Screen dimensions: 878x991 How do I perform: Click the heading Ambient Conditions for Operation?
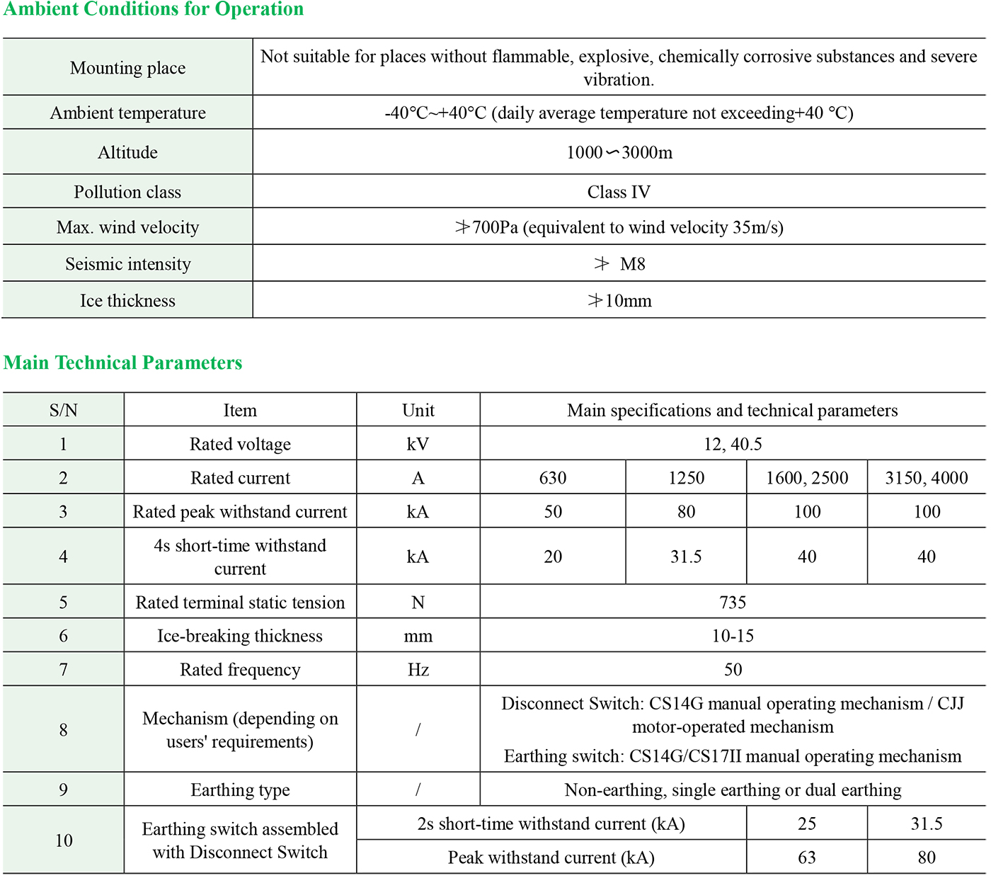154,9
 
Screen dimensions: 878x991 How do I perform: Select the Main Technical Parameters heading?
123,363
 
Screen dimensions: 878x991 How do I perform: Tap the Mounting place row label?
127,68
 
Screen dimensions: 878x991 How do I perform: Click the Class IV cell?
619,192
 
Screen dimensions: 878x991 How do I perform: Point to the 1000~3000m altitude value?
619,152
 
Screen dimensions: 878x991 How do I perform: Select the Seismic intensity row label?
127,264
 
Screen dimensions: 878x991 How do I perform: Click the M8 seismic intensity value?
620,264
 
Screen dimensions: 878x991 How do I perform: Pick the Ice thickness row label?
127,301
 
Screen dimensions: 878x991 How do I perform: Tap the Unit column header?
418,411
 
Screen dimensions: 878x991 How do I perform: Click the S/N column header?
63,411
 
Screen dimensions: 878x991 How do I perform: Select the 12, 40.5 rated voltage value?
733,444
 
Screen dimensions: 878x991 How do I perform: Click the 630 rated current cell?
553,478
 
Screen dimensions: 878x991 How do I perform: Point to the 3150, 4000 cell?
926,478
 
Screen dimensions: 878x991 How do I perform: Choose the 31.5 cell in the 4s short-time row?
686,557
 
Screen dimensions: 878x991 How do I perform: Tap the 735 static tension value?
733,603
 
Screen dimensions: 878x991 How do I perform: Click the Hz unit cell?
418,670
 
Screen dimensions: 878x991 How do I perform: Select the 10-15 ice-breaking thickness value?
733,636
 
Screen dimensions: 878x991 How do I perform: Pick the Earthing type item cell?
240,790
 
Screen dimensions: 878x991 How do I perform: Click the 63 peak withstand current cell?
807,857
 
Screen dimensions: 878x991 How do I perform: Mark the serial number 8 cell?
63,730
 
